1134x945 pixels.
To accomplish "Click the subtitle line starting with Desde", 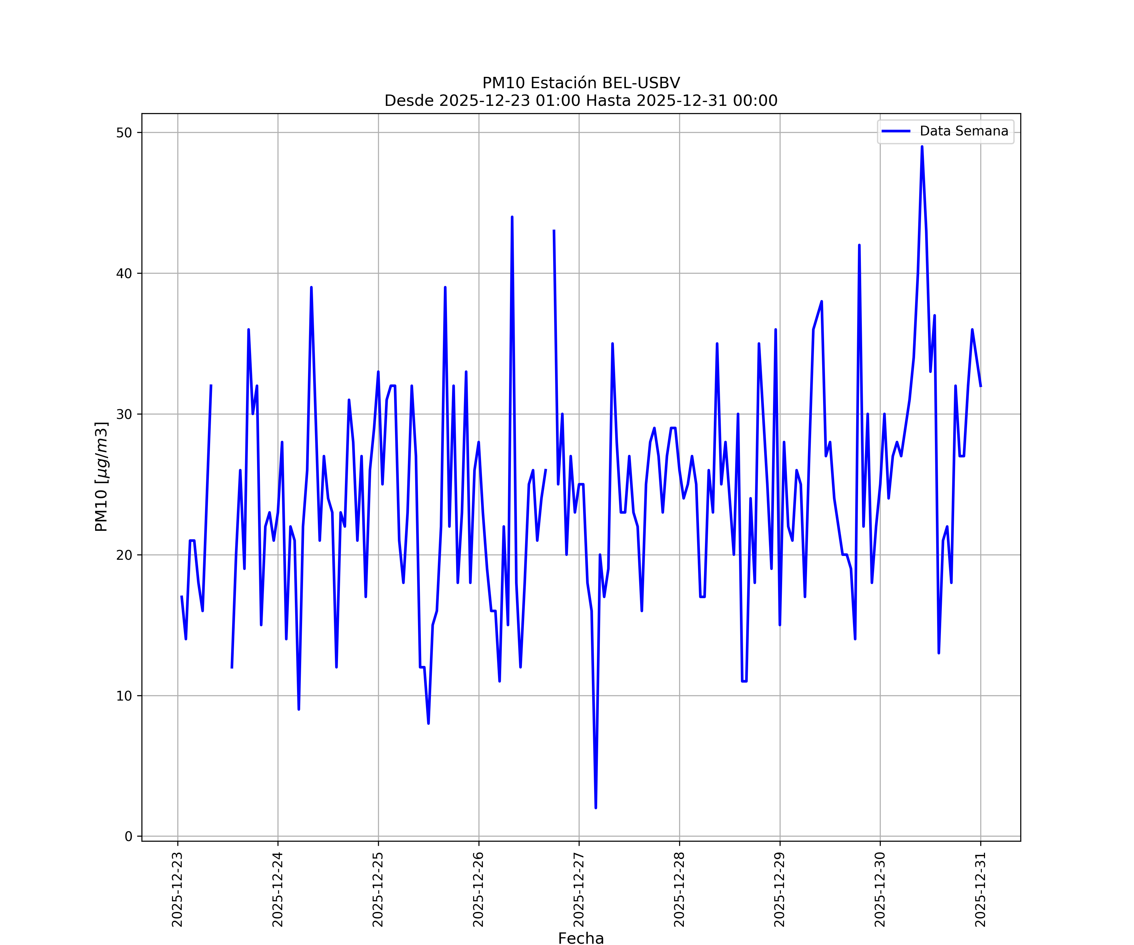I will [581, 100].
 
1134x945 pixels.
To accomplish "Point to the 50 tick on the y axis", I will [124, 133].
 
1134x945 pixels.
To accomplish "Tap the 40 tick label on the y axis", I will [124, 273].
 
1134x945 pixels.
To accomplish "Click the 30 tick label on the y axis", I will [124, 414].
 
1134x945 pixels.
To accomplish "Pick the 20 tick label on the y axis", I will [124, 555].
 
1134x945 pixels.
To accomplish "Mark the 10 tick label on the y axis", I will [124, 696].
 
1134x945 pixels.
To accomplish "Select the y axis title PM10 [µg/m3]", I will [101, 476].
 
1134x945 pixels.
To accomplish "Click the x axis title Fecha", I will [581, 938].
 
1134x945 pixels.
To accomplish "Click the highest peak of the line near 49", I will [922, 147].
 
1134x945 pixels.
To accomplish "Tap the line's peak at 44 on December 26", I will [512, 217].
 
